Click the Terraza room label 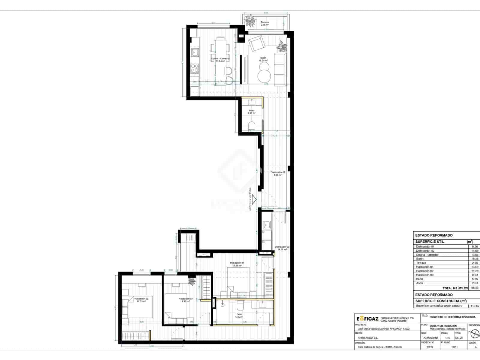tap(264, 22)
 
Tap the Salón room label tap(263, 58)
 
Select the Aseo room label tap(251, 111)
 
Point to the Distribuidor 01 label tap(277, 172)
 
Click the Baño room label tap(239, 314)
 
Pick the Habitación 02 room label tap(141, 299)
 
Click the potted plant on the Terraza tap(250, 21)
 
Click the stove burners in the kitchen tap(195, 68)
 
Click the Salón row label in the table tap(420, 259)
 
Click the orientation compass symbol tap(474, 334)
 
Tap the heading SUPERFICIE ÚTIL tap(430, 241)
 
